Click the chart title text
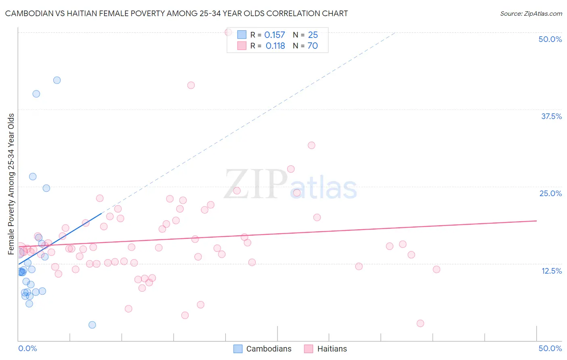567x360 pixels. (176, 13)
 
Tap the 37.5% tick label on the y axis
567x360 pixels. (551, 116)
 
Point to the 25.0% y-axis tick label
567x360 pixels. (550, 193)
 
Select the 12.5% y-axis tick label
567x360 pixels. (551, 271)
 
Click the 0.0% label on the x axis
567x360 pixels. (27, 348)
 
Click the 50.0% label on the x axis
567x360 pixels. (550, 348)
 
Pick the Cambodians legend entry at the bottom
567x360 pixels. (263, 349)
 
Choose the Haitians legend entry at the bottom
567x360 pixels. (325, 349)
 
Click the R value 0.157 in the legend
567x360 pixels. (275, 35)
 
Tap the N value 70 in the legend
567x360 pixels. (313, 46)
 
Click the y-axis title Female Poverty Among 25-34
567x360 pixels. (11, 184)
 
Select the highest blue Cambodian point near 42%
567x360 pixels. (57, 80)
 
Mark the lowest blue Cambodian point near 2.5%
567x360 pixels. (92, 325)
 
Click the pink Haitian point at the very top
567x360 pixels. (228, 32)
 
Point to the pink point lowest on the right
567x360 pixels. (420, 323)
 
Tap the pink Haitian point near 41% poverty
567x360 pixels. (191, 85)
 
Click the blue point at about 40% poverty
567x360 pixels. (36, 94)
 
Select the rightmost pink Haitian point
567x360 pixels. (436, 269)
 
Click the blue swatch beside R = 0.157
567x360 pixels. (242, 35)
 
